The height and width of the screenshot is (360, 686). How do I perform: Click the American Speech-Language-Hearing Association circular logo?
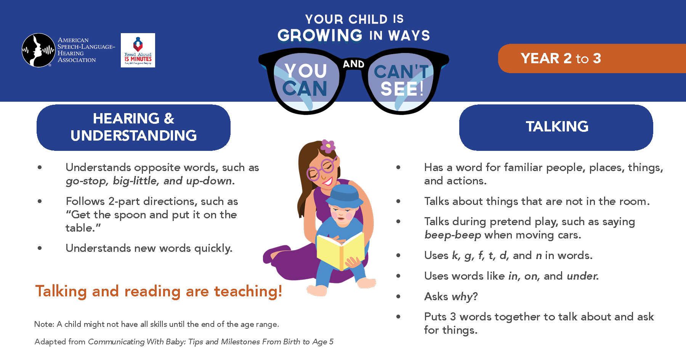[38, 50]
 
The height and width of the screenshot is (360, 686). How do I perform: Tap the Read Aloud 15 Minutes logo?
[138, 50]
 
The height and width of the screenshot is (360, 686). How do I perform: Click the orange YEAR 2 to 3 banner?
[592, 58]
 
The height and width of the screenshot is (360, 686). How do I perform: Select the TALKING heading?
[557, 126]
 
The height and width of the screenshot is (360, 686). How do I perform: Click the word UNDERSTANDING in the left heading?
[134, 136]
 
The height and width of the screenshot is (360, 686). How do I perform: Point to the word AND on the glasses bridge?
[354, 64]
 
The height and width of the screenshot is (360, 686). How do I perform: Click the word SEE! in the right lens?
[402, 89]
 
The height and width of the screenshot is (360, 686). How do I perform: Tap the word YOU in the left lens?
[306, 71]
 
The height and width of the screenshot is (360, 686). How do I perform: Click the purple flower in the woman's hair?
[328, 146]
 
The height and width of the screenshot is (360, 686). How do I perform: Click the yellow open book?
[340, 251]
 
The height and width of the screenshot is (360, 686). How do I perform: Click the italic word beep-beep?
[453, 235]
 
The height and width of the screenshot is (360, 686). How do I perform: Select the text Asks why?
[451, 296]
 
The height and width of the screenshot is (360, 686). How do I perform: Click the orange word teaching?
[248, 291]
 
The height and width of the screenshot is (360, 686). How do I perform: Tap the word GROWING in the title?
[320, 35]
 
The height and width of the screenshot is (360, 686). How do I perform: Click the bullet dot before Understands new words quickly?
[40, 248]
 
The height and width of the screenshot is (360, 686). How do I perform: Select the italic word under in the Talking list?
[583, 276]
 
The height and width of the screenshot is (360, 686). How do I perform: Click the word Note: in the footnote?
[44, 324]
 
